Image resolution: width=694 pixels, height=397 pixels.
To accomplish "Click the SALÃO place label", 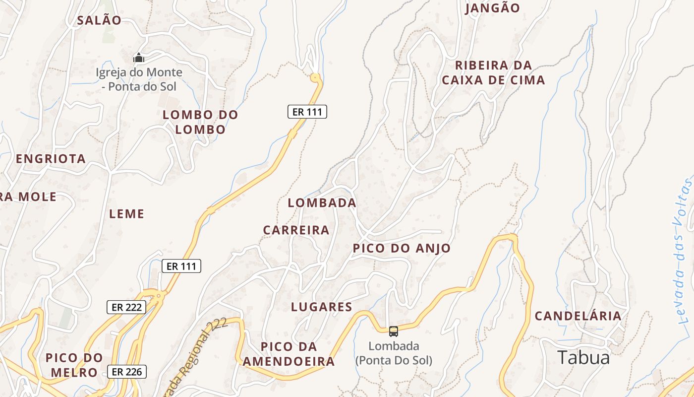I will tap(99, 20).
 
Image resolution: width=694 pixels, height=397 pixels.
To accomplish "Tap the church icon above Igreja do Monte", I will tap(139, 58).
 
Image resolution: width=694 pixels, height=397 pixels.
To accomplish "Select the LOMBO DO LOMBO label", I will tap(200, 122).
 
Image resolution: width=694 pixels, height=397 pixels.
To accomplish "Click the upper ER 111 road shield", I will tap(307, 112).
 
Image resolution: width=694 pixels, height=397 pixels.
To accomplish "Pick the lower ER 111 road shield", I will tap(181, 266).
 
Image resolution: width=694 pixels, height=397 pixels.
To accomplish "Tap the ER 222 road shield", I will tap(126, 307).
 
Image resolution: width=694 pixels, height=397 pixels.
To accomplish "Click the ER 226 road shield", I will tap(126, 371).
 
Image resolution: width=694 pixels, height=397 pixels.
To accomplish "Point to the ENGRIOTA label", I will tap(51, 159).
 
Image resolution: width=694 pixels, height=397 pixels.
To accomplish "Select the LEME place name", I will tap(126, 214).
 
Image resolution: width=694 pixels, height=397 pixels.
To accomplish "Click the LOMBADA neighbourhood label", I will tap(322, 202).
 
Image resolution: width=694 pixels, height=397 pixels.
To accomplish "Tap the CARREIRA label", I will tap(296, 230).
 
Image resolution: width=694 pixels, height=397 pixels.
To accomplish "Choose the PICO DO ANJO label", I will tap(402, 249).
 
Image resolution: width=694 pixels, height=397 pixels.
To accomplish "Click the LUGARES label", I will tap(321, 307).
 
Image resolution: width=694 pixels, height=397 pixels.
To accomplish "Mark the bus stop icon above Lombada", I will tap(393, 331).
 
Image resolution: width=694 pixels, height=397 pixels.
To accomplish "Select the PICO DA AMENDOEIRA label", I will tap(289, 354).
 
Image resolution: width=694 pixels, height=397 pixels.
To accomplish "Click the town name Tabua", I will tap(583, 357).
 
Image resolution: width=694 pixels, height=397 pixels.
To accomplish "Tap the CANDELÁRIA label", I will tap(578, 316).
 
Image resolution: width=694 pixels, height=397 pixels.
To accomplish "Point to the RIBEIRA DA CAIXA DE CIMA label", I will tap(493, 72).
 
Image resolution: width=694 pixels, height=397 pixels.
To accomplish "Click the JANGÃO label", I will tap(492, 8).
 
